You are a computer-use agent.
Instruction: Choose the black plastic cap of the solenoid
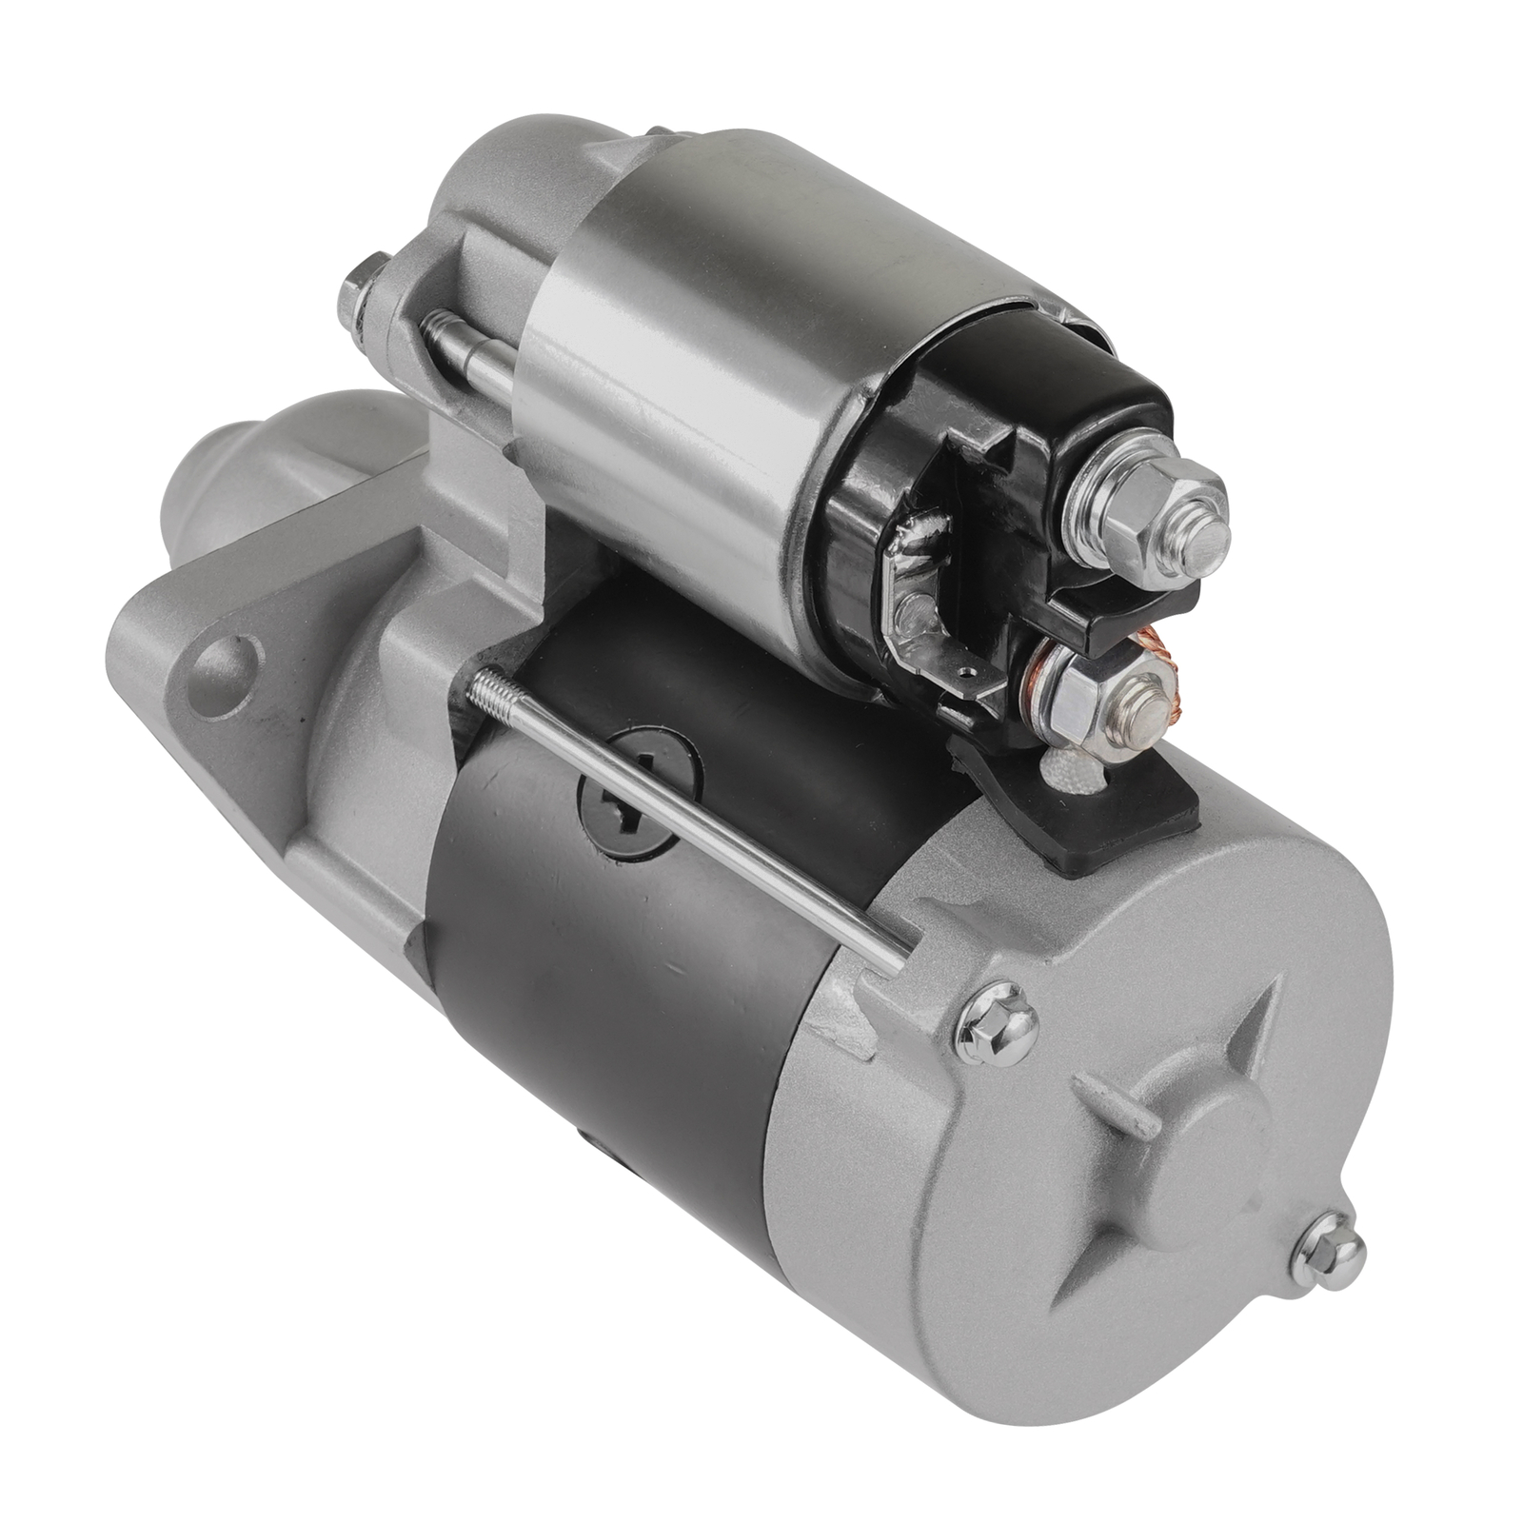1009,476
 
